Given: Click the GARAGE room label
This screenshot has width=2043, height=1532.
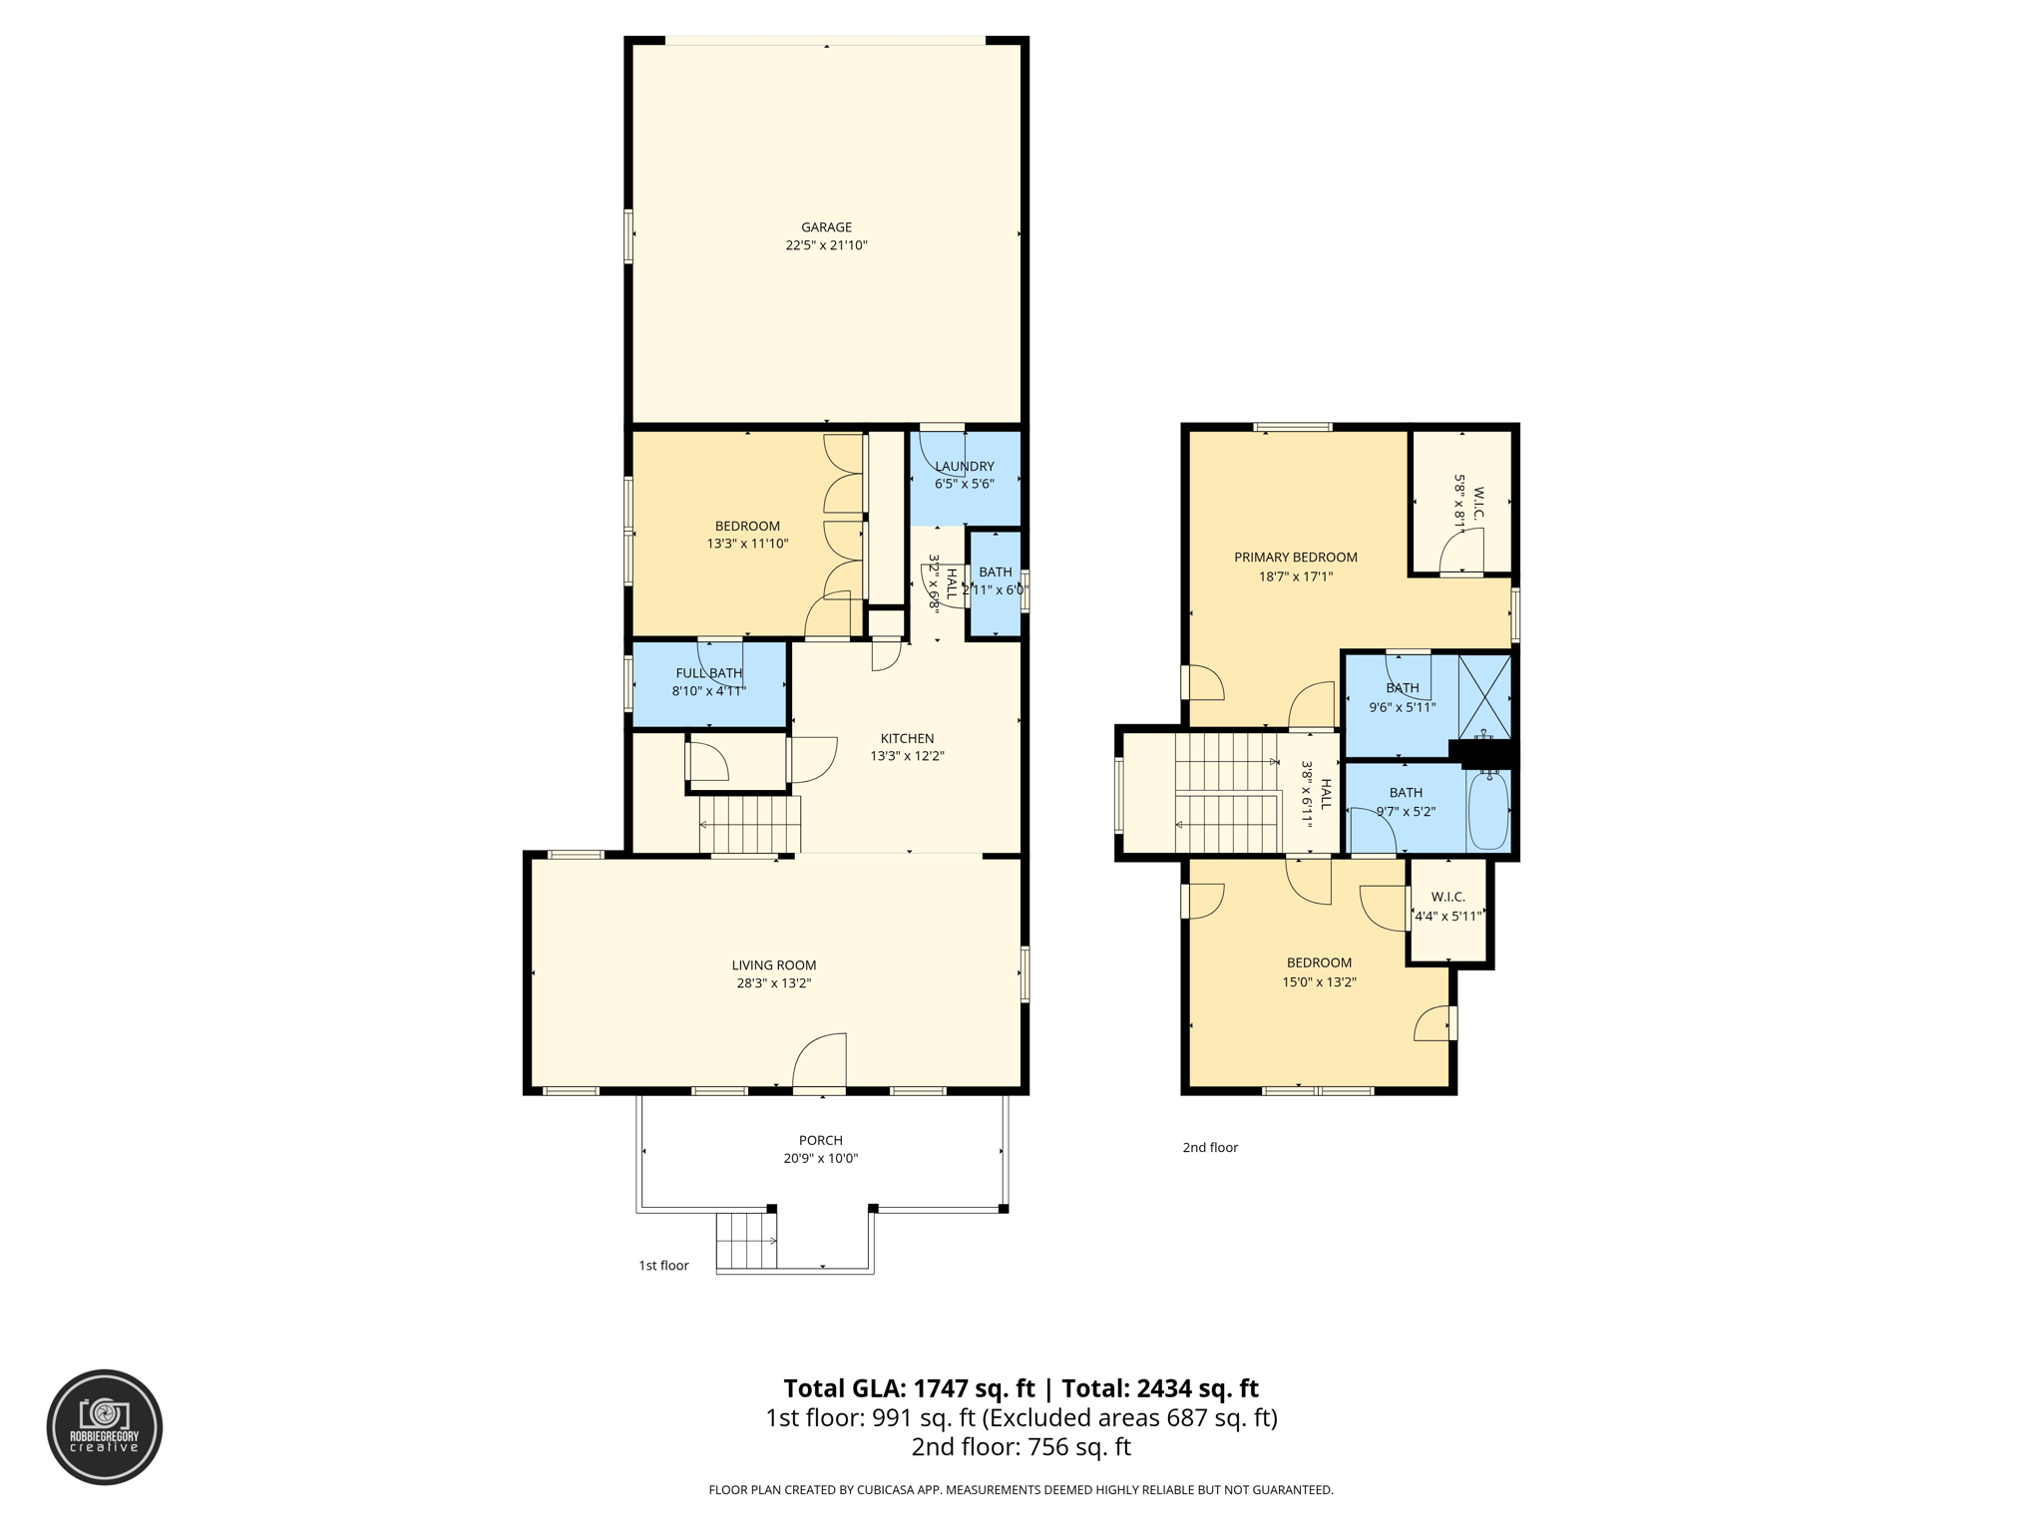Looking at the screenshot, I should point(826,227).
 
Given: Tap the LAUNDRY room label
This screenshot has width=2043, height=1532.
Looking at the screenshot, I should point(964,466).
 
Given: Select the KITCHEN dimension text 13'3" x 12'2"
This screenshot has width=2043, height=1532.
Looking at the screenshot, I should point(907,756).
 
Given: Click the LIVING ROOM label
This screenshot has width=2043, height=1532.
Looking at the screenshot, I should point(774,964).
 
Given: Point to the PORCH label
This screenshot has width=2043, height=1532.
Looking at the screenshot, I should point(820,1140).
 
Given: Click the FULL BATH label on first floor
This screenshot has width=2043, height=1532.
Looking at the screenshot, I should point(708,673).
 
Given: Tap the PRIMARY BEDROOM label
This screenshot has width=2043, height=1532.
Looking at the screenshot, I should point(1295,558).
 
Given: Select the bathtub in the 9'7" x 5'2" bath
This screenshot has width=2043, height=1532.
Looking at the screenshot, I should point(1487,810).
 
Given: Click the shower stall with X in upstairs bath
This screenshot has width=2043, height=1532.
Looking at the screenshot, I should point(1485,695).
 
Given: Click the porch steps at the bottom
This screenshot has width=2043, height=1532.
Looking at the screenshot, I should point(746,1240).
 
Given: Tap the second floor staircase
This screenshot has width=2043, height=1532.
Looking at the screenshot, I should point(1227,793).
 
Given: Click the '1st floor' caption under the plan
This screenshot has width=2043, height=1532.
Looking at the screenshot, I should point(663,1266).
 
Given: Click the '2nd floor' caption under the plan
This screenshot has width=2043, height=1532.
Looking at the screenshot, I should point(1209,1148).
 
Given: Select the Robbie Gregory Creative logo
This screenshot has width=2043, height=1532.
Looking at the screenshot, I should point(105,1427).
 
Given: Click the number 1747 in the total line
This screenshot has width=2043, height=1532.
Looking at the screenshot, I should point(941,1388).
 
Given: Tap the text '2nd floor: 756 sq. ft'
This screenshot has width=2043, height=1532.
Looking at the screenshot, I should point(1021,1447).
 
